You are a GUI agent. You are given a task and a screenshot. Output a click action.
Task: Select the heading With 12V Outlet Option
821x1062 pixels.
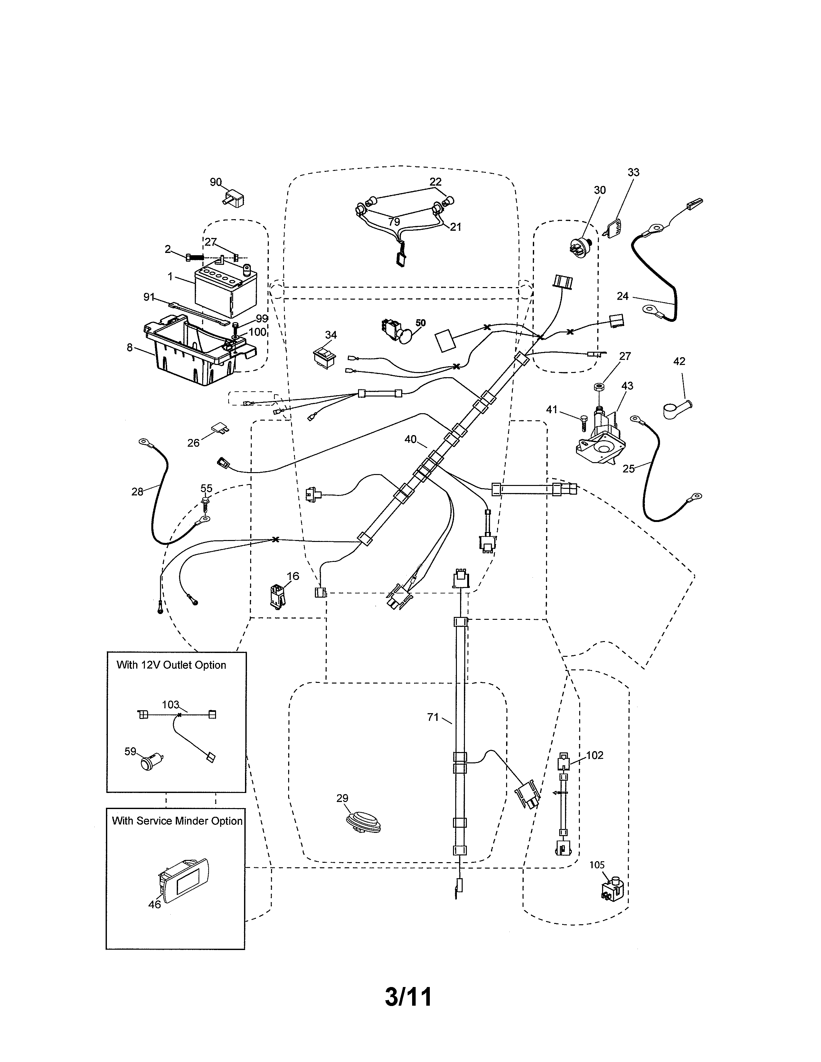(171, 665)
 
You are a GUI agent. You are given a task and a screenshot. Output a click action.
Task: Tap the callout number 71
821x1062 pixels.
(433, 717)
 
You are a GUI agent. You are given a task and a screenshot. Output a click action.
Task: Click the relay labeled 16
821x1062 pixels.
(277, 596)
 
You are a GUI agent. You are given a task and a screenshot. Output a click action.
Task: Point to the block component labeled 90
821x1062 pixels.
(234, 199)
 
